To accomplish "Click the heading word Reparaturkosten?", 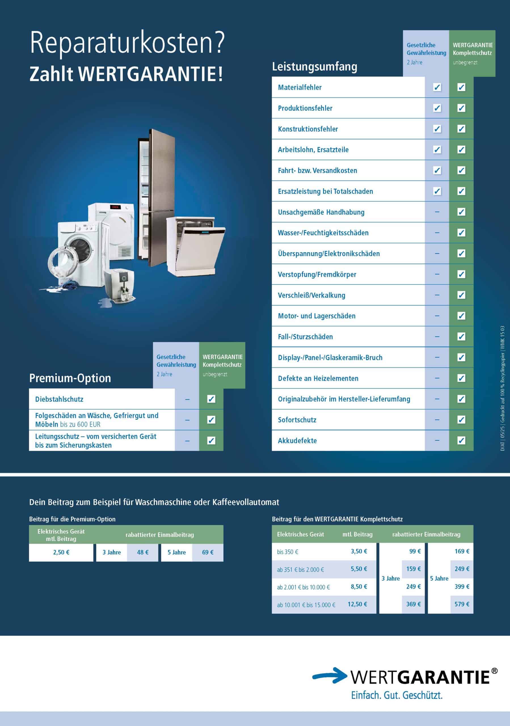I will [127, 43].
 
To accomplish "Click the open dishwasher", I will [196, 245].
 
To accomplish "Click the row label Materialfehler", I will [300, 88].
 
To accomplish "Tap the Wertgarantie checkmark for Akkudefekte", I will [461, 440].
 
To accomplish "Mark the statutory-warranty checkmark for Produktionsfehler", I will [437, 108].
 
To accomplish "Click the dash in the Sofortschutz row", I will [437, 420].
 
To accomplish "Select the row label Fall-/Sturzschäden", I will [305, 337].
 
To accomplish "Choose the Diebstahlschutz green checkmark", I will [211, 399].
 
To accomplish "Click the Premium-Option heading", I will [70, 378].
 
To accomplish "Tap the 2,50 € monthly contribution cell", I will [61, 552].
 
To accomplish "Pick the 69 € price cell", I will [208, 552].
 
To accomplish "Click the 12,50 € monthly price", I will [357, 604].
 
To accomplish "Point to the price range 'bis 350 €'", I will [287, 552].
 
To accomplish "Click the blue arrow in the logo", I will [330, 676].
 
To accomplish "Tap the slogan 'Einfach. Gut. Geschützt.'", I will [397, 695].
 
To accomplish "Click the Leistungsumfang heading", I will [315, 67].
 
